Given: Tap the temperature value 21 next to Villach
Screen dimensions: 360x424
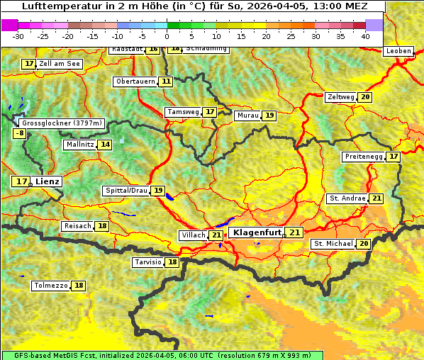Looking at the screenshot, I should (x=216, y=235).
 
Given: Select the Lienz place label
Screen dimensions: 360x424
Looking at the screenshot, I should (x=48, y=181).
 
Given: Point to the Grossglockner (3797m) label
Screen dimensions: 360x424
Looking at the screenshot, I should (x=62, y=123).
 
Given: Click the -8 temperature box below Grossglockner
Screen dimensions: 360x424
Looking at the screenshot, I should (x=20, y=133).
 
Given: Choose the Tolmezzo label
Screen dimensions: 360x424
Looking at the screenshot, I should (x=51, y=286).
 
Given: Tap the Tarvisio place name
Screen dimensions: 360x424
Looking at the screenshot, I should (x=148, y=262).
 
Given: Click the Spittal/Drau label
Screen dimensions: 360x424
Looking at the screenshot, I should (x=126, y=191).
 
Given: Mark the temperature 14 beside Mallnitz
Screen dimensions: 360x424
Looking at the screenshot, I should (x=105, y=145).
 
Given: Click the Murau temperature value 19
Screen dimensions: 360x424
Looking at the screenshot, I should (x=269, y=116).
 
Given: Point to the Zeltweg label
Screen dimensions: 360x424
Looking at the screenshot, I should (x=340, y=97).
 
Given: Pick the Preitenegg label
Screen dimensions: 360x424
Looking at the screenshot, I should (x=364, y=157).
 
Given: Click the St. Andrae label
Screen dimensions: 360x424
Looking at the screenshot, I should (x=347, y=198).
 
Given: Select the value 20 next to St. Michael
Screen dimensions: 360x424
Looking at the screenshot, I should (x=364, y=244).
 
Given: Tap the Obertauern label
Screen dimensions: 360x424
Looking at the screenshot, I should (x=135, y=81).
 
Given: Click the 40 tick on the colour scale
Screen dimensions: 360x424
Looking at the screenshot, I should (x=365, y=36).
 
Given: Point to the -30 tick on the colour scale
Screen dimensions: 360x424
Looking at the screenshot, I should (x=18, y=36).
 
